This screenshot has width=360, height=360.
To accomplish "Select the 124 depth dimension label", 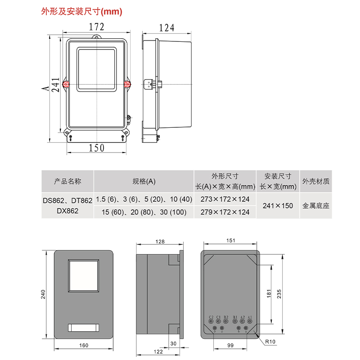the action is [x=166, y=28].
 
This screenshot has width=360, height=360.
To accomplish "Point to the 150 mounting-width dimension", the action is [x=96, y=148].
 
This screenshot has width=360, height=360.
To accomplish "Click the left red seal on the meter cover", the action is [x=66, y=84].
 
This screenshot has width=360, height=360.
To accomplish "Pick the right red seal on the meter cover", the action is [x=127, y=84].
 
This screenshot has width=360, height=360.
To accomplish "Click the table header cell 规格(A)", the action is [x=144, y=181].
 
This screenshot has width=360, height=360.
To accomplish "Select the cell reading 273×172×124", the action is [x=225, y=199].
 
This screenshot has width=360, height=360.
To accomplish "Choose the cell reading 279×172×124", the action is [x=225, y=212].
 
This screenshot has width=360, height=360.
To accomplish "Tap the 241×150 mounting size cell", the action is [x=278, y=206].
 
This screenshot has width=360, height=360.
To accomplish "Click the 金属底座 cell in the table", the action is [x=316, y=206].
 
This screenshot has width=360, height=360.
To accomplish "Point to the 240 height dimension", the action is [x=43, y=295].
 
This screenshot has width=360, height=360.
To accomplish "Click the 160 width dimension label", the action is [x=83, y=345].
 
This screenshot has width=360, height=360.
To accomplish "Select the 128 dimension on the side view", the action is [x=160, y=241].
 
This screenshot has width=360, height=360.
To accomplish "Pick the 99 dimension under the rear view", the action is [x=230, y=345].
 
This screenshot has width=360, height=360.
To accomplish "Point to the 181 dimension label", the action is [x=268, y=294].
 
